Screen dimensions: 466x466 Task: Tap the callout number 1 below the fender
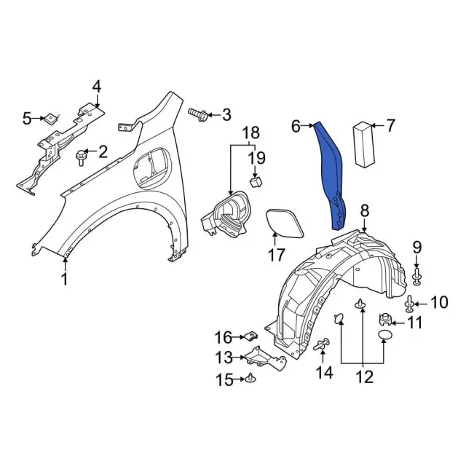point(64,279)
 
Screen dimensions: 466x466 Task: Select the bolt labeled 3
point(197,114)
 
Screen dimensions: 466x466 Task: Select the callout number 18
point(250,133)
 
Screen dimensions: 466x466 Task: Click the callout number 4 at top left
point(96,86)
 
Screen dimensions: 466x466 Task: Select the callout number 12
point(363,376)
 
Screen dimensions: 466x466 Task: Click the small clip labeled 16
point(250,336)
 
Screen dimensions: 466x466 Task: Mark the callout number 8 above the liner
point(364,211)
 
